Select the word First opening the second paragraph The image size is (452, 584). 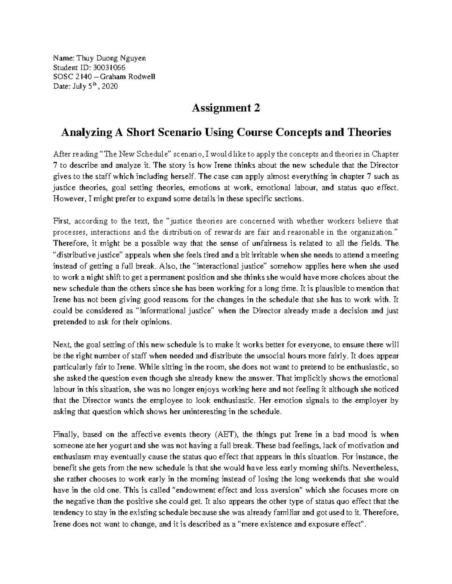[x=60, y=221]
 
